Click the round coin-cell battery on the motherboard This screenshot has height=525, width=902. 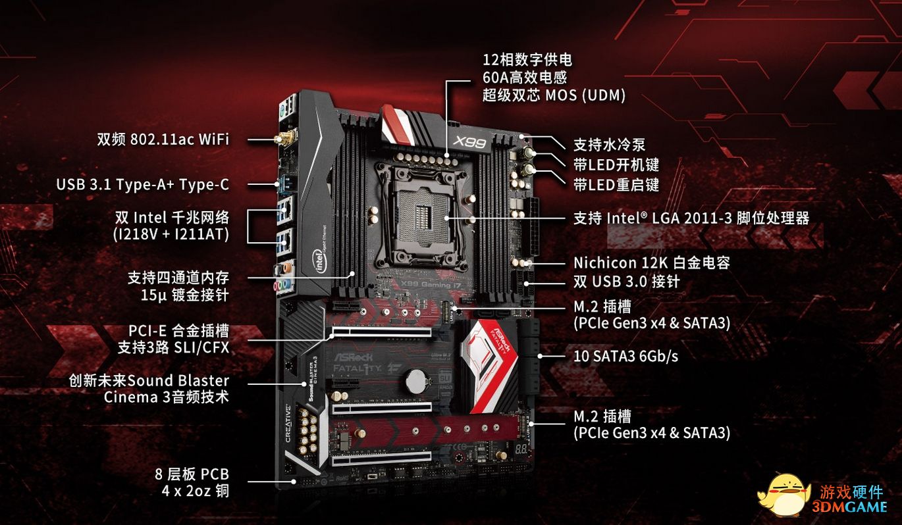[415, 381]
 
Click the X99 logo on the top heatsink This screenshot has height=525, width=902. [469, 142]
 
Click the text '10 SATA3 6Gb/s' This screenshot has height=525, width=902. [625, 356]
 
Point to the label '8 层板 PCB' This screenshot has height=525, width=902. [192, 474]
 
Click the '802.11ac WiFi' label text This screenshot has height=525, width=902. [180, 139]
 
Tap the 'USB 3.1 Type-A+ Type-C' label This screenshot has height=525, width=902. [143, 184]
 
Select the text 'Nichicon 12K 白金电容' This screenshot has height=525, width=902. [651, 262]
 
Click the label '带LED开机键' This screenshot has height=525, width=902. [616, 164]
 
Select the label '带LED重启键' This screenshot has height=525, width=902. [616, 185]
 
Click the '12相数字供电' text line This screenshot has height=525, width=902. [527, 60]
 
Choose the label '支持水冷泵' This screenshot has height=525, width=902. [609, 145]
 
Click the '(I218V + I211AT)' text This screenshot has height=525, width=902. [171, 234]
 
